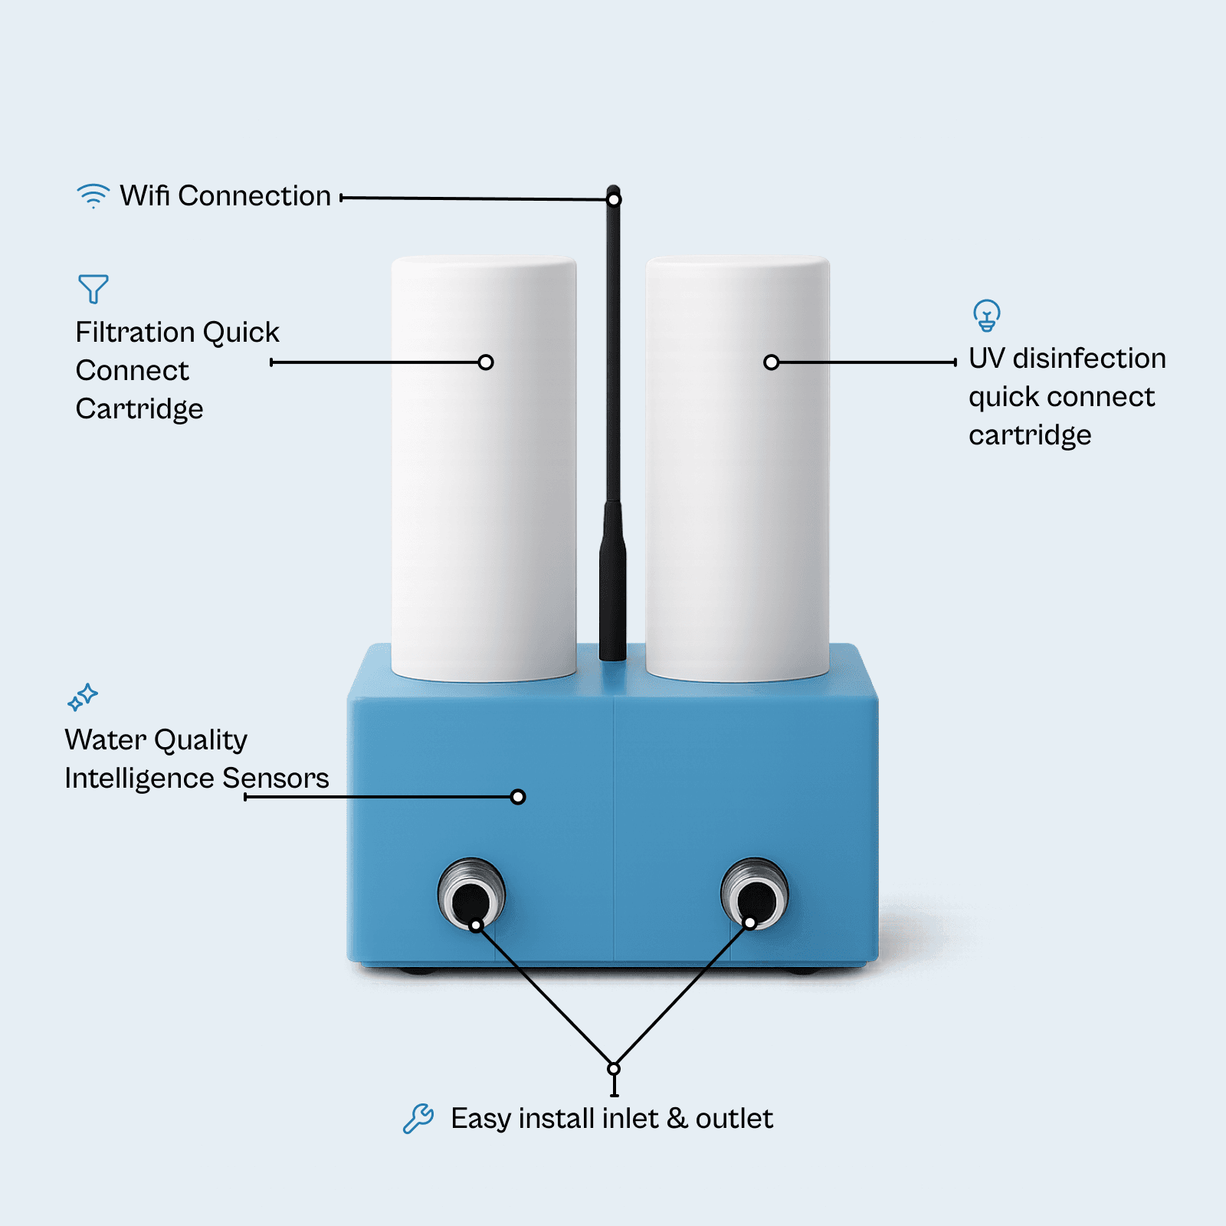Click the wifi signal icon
(x=93, y=195)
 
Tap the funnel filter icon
(x=93, y=289)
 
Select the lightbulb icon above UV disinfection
(x=987, y=315)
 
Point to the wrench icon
(x=418, y=1119)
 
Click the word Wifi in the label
(x=145, y=196)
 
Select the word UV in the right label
(x=986, y=359)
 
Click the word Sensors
(x=276, y=779)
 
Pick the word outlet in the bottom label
(x=734, y=1119)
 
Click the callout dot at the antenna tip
(x=614, y=200)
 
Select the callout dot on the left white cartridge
(x=486, y=362)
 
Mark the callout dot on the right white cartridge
(x=772, y=362)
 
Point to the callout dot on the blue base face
(x=518, y=797)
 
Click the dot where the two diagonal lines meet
(x=614, y=1068)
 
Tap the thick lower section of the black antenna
(x=613, y=582)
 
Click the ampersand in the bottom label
(x=677, y=1119)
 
